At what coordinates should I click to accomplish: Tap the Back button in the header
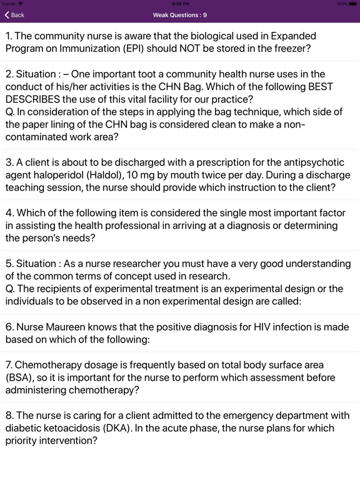click(x=15, y=15)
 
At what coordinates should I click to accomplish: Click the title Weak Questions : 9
click(x=180, y=15)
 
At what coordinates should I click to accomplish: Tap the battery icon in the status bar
click(x=352, y=4)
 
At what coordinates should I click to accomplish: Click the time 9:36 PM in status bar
click(x=180, y=4)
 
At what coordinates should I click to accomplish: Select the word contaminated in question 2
click(x=39, y=137)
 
